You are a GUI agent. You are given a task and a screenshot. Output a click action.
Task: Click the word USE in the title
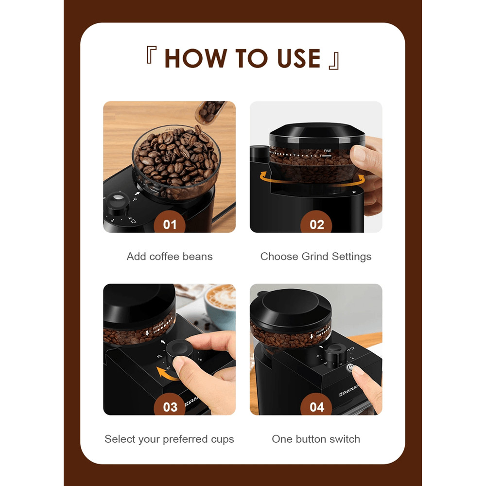coord(298,58)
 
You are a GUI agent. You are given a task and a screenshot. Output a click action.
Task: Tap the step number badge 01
coord(170,224)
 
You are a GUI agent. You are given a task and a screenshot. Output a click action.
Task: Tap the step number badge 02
coord(317,224)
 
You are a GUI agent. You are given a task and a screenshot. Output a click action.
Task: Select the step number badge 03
coord(170,406)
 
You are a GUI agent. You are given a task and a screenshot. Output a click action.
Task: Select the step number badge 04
coord(317,406)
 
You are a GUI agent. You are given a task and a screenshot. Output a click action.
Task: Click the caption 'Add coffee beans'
coord(170,257)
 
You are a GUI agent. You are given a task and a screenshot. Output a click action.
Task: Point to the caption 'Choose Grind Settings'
coord(316,257)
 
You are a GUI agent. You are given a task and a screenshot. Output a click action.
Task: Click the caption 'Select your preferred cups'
coord(170,439)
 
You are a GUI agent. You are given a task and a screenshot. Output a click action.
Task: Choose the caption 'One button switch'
coord(316,439)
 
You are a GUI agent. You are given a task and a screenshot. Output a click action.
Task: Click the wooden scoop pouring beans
coord(210,111)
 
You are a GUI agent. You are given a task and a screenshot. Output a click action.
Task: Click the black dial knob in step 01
coord(117,203)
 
